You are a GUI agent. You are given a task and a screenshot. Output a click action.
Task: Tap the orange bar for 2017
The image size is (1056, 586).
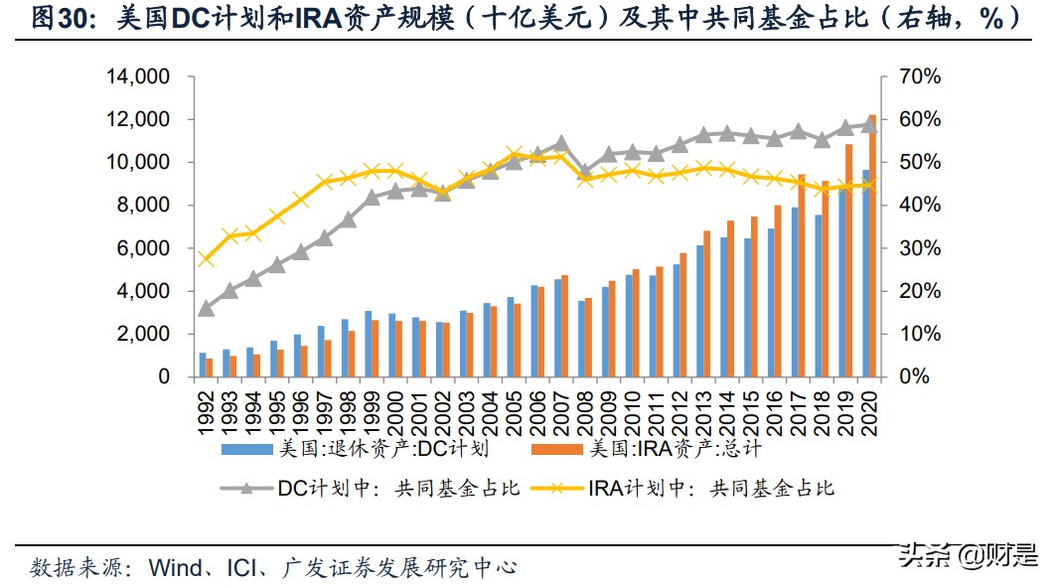click(801, 276)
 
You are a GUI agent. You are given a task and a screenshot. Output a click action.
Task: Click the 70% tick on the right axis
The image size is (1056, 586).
click(916, 76)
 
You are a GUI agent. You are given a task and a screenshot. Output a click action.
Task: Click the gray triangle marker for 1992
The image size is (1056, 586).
click(206, 308)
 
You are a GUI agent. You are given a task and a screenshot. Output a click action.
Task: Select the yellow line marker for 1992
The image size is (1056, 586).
click(206, 259)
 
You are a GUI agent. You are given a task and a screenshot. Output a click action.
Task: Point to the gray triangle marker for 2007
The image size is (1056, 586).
click(561, 142)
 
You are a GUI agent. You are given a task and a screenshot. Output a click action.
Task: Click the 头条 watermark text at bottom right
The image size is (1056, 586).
click(925, 557)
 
